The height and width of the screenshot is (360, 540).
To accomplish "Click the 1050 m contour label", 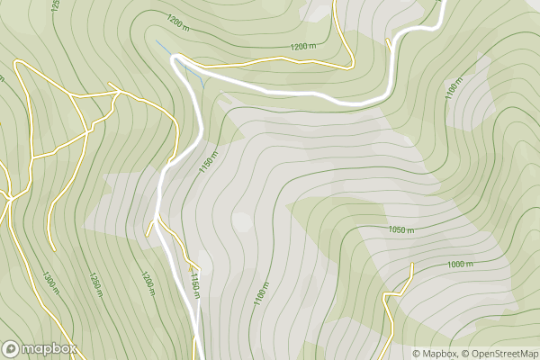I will pos(401,230).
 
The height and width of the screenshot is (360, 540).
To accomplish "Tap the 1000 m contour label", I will pos(460,264).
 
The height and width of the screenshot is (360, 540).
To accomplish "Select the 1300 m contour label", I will pos(49,283).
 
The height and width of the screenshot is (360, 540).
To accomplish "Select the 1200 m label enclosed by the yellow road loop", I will pos(304,46).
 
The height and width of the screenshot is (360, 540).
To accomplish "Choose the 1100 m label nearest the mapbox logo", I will pos(261,293).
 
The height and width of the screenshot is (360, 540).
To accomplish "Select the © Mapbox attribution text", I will pos(435,354).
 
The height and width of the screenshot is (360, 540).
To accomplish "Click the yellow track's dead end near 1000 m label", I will pos(410,264).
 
